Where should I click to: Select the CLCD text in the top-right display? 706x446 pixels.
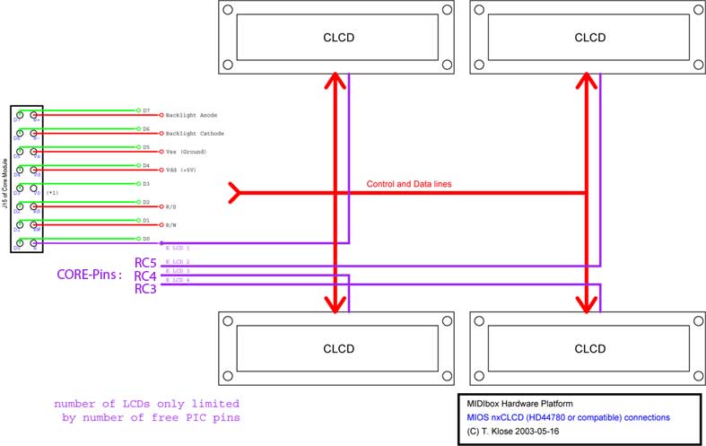click(589, 38)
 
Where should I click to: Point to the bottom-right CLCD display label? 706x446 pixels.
click(589, 349)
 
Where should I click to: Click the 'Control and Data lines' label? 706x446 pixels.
click(409, 184)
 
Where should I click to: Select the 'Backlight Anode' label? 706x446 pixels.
click(191, 116)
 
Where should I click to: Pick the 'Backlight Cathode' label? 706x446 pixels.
click(195, 134)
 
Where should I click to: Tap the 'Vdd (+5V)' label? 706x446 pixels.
click(182, 169)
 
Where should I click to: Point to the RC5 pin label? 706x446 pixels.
click(146, 263)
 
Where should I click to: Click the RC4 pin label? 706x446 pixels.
click(146, 276)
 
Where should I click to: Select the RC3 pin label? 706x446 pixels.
click(146, 289)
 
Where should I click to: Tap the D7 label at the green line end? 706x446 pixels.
click(146, 110)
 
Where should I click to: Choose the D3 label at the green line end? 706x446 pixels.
click(146, 183)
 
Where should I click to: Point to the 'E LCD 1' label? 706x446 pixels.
click(178, 246)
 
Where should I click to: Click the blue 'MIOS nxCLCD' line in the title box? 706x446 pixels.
click(564, 417)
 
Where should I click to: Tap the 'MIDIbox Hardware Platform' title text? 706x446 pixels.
click(518, 404)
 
